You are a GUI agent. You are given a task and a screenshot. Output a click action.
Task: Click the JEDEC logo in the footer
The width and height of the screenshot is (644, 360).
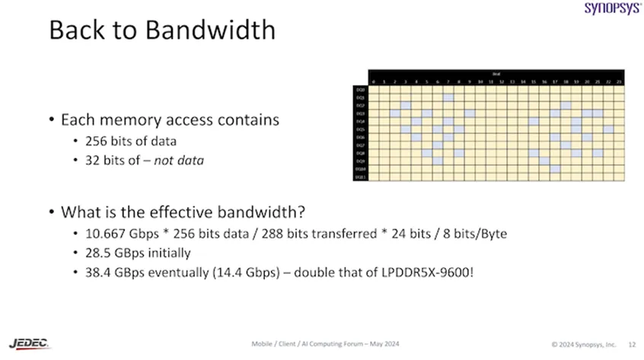[x=30, y=343]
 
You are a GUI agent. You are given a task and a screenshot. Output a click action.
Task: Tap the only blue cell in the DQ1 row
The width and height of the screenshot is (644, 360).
[x=449, y=97]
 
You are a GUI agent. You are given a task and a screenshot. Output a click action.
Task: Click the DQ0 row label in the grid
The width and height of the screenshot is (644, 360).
[x=360, y=89]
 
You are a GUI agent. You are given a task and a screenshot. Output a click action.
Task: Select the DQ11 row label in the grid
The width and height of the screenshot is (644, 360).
[x=360, y=177]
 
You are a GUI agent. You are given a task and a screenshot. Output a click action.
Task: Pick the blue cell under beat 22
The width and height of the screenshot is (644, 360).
[x=609, y=129]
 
